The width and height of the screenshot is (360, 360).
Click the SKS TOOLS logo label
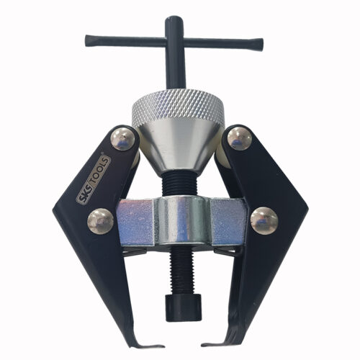pos(93,181)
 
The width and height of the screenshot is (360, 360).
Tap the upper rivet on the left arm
pos(122,139)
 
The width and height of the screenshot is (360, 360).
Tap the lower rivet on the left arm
pos(100,221)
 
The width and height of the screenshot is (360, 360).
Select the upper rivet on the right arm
pos(239,139)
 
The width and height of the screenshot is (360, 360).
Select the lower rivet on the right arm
pos(264,221)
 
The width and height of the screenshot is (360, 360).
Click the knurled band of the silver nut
pos(178,105)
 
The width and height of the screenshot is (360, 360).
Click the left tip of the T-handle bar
pos(87,37)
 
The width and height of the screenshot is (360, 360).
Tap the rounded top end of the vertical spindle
pos(174,19)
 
